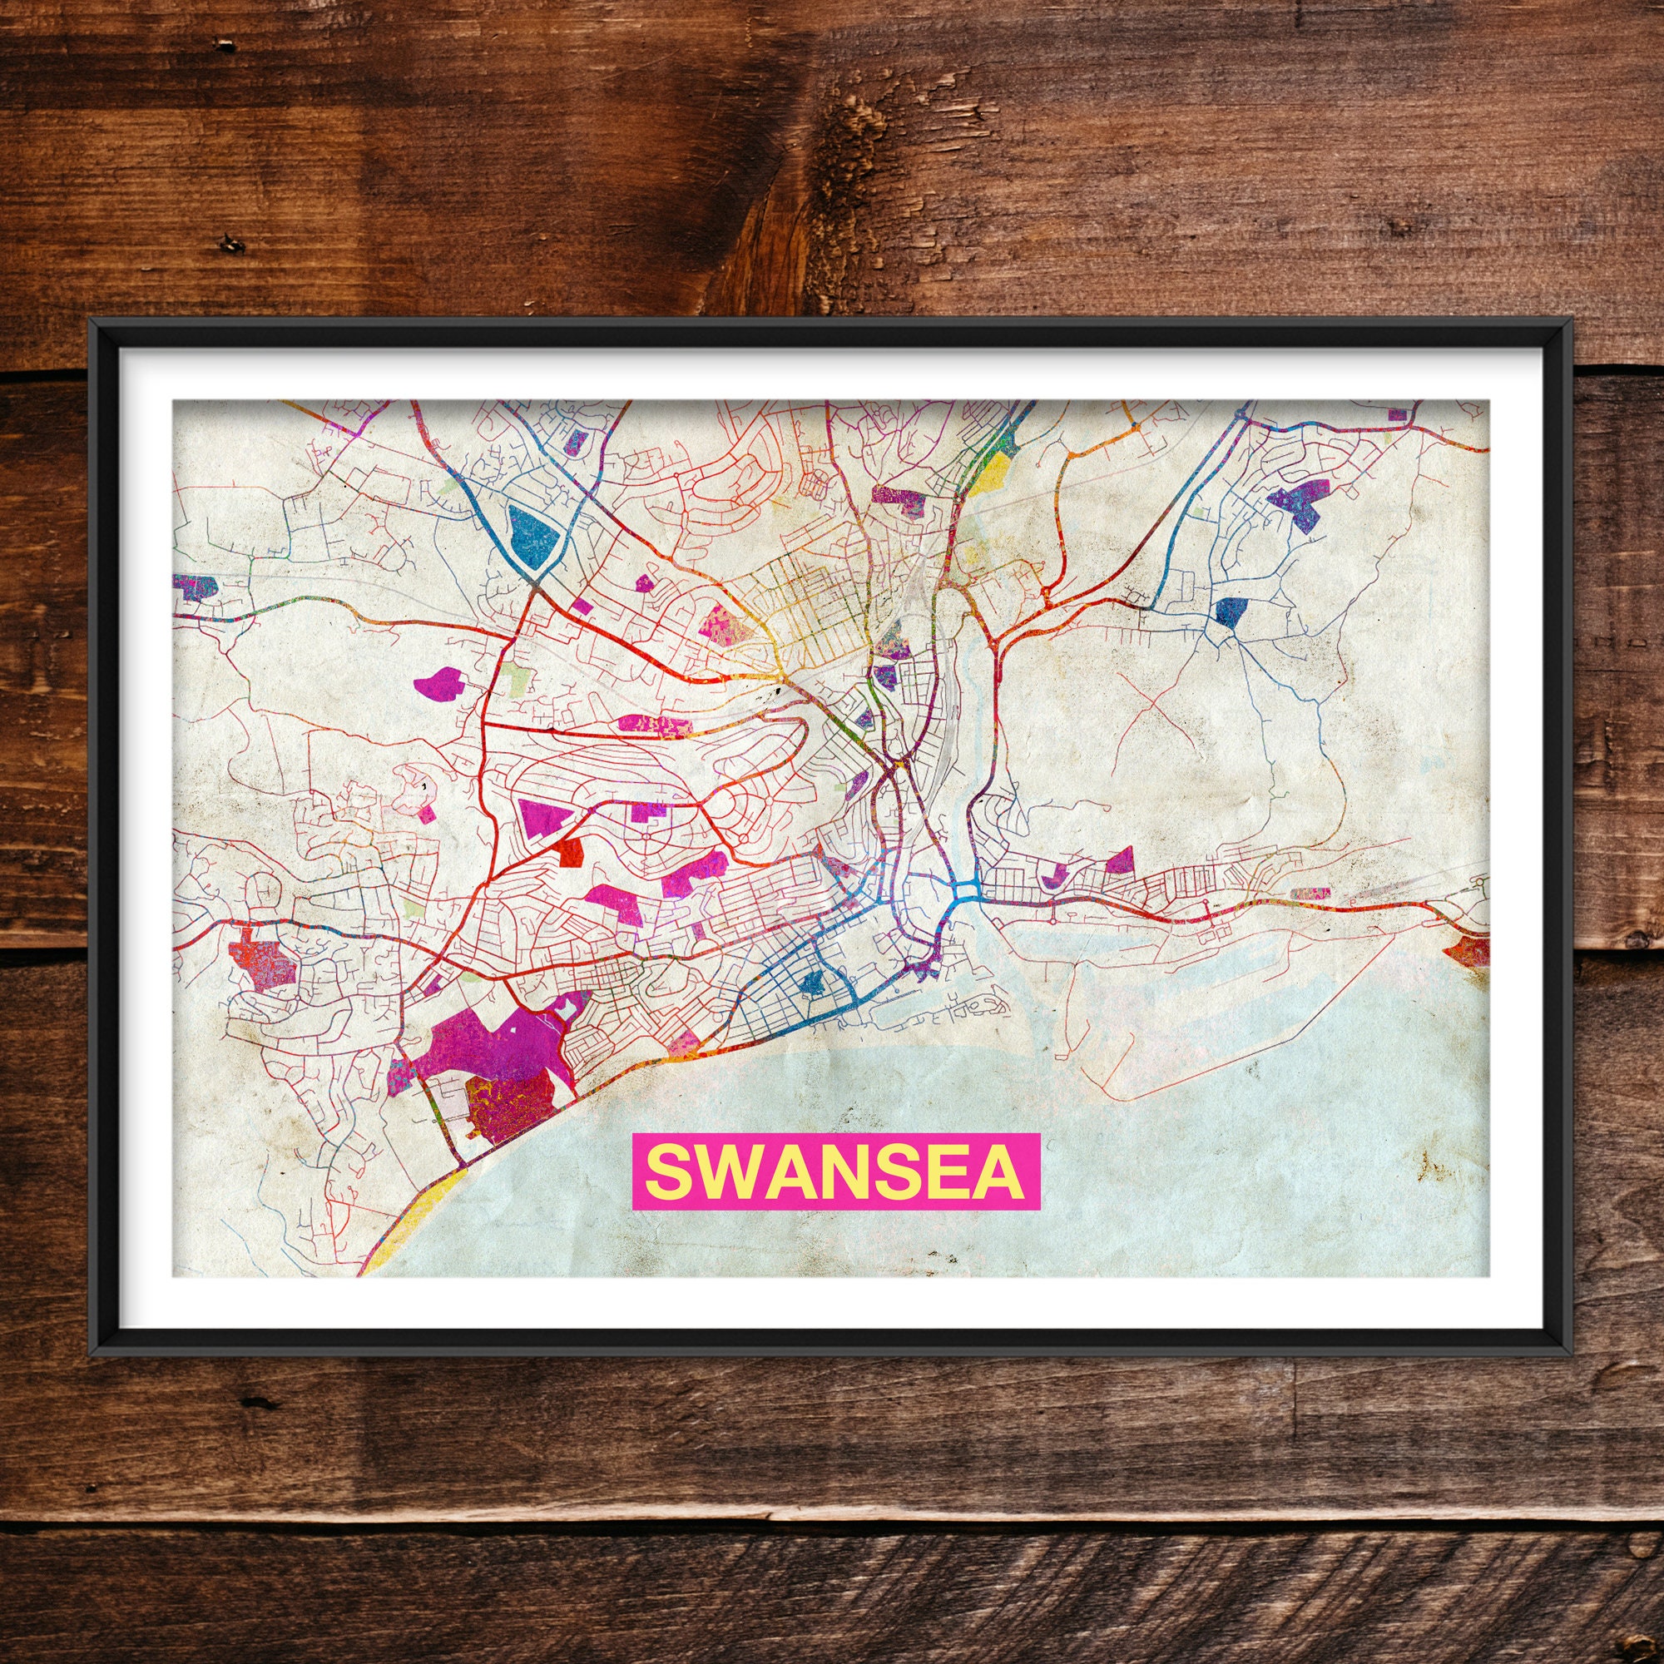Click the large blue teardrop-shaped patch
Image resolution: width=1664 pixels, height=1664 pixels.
(x=532, y=535)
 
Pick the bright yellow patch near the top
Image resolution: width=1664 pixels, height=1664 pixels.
(x=993, y=469)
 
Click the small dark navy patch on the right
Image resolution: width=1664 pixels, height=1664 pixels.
(x=1231, y=611)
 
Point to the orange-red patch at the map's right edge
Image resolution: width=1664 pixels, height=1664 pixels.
(x=1468, y=951)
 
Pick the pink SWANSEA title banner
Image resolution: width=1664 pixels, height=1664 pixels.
(x=835, y=1172)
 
